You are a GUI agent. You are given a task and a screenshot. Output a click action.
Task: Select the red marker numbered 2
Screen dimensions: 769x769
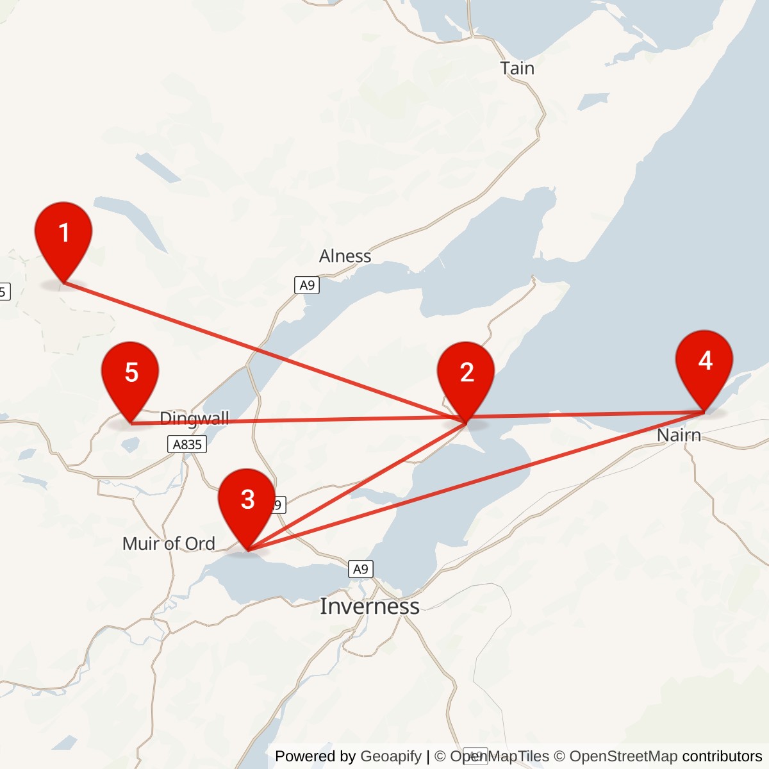(x=466, y=374)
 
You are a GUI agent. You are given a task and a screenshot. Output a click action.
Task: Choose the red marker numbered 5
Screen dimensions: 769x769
(x=131, y=374)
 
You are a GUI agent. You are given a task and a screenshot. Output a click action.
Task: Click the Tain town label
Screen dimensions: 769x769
(x=517, y=68)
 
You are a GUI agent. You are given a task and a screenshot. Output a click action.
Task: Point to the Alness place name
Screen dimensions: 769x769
(x=345, y=256)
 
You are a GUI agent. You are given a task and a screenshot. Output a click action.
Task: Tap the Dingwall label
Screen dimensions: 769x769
(x=194, y=418)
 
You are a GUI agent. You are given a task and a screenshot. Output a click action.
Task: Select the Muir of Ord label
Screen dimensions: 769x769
(x=169, y=544)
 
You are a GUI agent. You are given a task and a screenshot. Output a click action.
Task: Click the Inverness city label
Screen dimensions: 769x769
(x=370, y=606)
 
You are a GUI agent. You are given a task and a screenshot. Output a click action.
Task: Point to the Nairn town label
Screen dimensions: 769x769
(x=679, y=436)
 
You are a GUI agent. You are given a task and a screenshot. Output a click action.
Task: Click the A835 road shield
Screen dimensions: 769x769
(x=187, y=444)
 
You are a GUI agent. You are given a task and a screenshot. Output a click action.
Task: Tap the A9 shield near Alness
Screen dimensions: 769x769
(x=307, y=285)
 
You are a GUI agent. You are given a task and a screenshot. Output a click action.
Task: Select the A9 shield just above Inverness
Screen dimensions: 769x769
(x=361, y=569)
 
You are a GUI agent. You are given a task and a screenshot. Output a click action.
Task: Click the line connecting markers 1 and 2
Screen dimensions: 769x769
(x=256, y=349)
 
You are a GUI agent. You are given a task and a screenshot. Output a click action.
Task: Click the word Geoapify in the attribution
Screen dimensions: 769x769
(x=391, y=756)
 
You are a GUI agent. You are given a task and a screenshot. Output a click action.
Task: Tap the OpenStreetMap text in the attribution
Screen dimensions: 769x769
(x=623, y=756)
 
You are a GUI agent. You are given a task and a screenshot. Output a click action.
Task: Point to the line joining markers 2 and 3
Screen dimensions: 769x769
(x=356, y=486)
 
